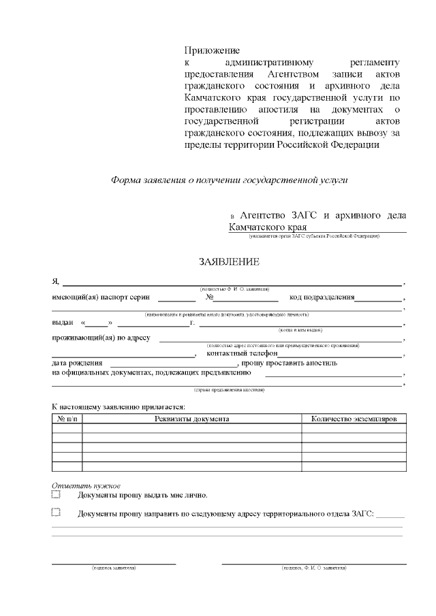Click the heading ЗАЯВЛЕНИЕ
point(228,261)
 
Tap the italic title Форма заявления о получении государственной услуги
point(229,180)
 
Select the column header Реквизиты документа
point(191,419)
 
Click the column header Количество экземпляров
point(354,419)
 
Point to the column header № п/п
point(67,419)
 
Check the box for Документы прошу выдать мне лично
point(56,495)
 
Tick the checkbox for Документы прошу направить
point(56,513)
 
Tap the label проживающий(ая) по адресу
point(102,337)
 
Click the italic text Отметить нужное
point(86,485)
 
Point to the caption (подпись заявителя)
point(114,568)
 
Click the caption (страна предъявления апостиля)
point(229,390)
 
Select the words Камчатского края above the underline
point(267,227)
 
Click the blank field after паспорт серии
point(178,298)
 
